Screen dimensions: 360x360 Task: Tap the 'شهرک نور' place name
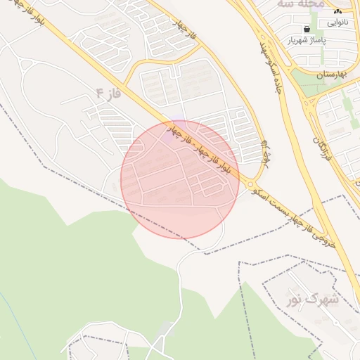(312, 300)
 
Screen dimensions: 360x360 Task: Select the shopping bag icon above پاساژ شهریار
(306, 29)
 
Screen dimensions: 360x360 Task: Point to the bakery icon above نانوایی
(337, 11)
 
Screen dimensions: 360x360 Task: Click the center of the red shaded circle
(180, 179)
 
